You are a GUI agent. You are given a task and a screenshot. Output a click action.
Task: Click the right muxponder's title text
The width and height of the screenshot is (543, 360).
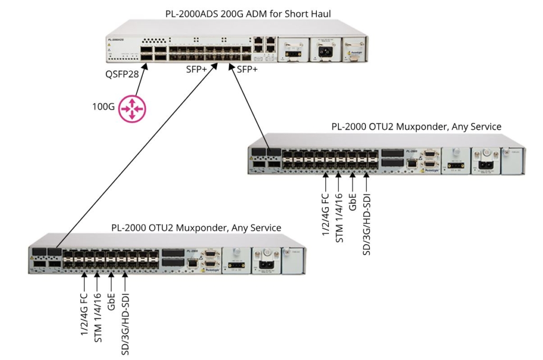(416, 127)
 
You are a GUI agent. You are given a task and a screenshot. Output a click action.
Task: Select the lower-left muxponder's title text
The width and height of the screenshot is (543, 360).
(196, 227)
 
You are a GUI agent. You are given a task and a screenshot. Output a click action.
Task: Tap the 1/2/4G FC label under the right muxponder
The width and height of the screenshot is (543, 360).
(326, 213)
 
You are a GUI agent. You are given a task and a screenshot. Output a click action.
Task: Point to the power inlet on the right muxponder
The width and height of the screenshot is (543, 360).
(486, 159)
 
